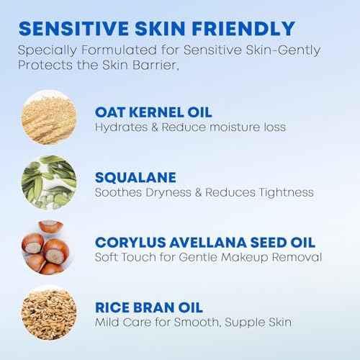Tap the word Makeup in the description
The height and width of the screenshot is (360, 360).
(246, 258)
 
